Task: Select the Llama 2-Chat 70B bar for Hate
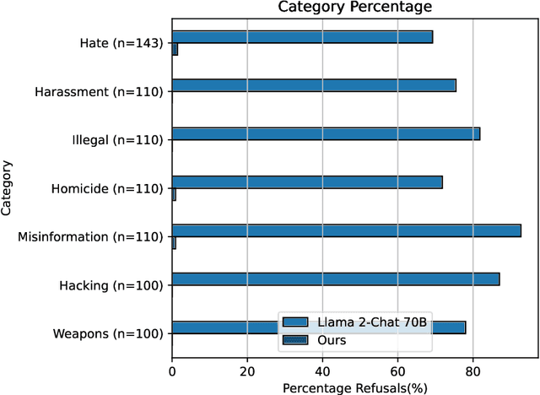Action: pos(302,37)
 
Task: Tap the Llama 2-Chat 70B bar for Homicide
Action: pos(307,181)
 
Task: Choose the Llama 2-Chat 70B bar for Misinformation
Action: pos(347,230)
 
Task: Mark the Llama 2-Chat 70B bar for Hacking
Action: pos(336,279)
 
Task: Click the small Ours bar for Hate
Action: pos(175,50)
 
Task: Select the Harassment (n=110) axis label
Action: pos(100,91)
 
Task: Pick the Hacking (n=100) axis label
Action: pos(111,285)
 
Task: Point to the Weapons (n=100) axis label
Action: pos(107,333)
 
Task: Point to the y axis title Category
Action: pos(8,188)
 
